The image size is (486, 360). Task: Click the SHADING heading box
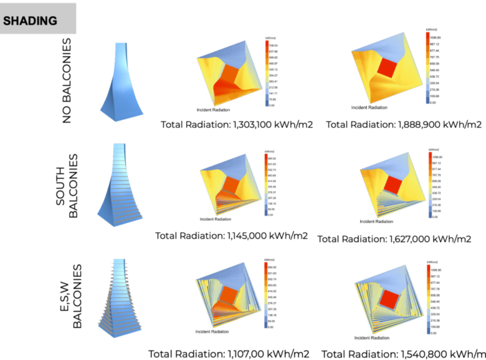click(38, 19)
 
